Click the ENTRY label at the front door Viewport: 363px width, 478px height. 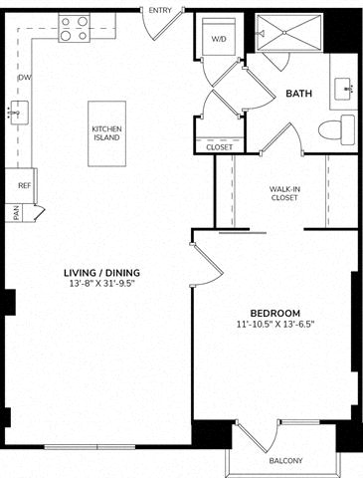(160, 11)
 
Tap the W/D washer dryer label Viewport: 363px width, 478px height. (219, 39)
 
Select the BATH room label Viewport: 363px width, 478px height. (299, 94)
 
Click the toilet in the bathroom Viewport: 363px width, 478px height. (337, 129)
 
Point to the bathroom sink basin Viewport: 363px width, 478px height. (344, 89)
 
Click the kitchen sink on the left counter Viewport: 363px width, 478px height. (19, 113)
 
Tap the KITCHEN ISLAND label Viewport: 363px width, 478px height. (106, 133)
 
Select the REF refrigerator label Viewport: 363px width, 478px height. (24, 185)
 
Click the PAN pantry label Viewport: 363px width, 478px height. (17, 213)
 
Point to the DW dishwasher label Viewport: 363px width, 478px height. (25, 78)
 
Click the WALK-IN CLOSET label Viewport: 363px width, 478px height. (284, 193)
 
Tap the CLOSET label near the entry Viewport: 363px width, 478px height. (220, 147)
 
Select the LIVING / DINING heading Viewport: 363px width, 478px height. (101, 273)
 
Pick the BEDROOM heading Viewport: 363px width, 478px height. (275, 313)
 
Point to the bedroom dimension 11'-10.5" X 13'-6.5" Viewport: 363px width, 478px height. (275, 324)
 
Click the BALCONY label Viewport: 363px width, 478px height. (285, 461)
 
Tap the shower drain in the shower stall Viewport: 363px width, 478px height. (284, 32)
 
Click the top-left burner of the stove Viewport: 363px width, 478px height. (66, 22)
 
